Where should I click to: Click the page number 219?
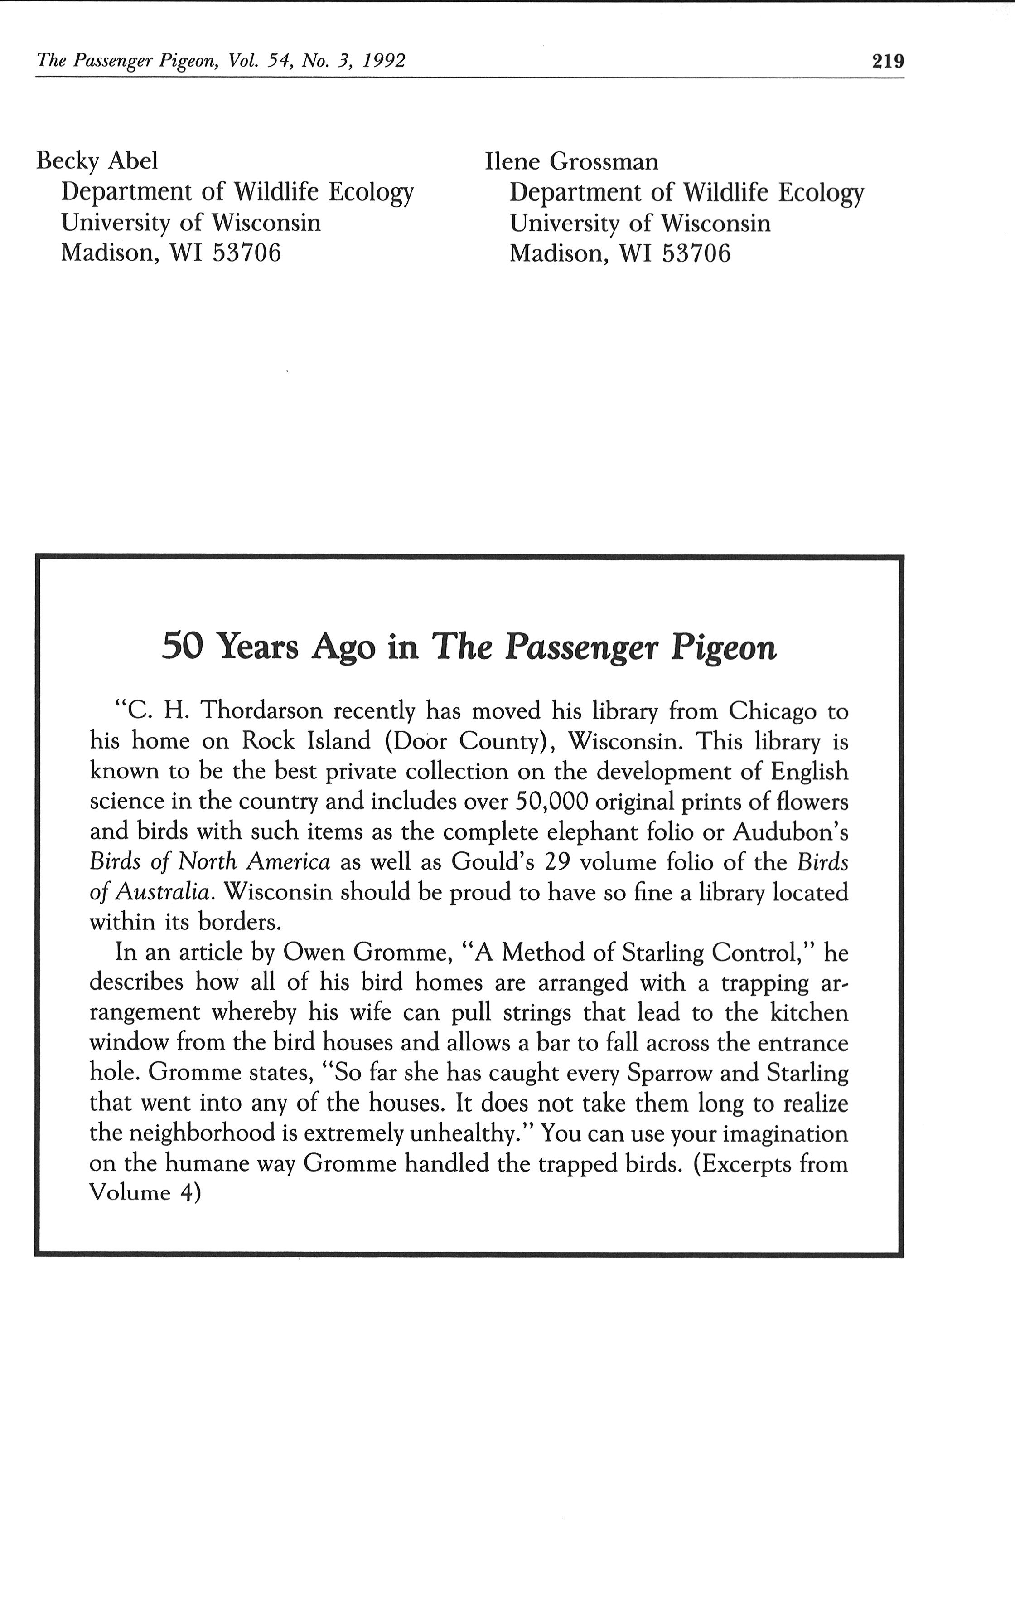coord(888,62)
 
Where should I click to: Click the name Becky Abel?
coord(97,161)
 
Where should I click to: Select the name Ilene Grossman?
coord(571,161)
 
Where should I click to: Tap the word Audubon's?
coord(791,832)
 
